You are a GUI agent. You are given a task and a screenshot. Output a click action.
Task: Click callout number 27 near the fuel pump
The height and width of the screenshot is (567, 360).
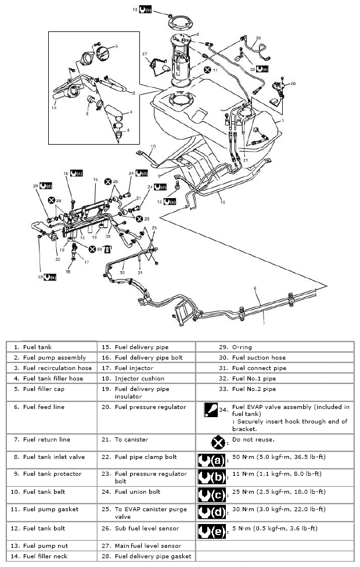pos(145,55)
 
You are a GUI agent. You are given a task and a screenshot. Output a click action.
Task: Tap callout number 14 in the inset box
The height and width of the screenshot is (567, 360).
pos(54,107)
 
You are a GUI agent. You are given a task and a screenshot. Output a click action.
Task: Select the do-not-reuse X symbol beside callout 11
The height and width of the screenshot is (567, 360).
pos(208,70)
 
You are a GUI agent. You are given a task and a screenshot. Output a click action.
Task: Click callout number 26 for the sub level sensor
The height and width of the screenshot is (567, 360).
pos(293,83)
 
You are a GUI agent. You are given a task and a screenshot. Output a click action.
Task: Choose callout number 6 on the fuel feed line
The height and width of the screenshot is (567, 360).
pos(254,288)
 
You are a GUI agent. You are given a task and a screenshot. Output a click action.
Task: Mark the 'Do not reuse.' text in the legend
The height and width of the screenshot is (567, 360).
pos(251,441)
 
